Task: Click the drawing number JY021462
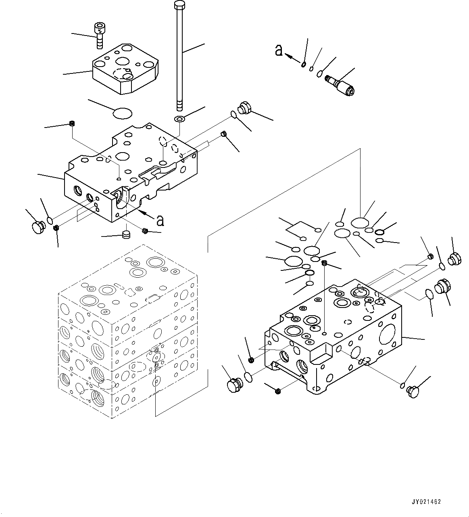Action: pyautogui.click(x=426, y=502)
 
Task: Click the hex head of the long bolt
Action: pyautogui.click(x=179, y=5)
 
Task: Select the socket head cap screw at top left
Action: pyautogui.click(x=99, y=34)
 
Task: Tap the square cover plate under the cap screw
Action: pyautogui.click(x=126, y=69)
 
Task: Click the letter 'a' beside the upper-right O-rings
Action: pyautogui.click(x=278, y=50)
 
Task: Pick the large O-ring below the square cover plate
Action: pyautogui.click(x=123, y=113)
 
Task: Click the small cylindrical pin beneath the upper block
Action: pyautogui.click(x=127, y=234)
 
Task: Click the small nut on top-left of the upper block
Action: pyautogui.click(x=72, y=124)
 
